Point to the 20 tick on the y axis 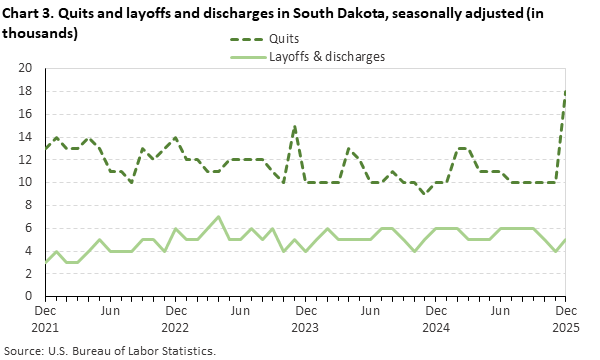coord(27,69)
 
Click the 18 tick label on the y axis coord(27,91)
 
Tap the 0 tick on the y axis coord(31,296)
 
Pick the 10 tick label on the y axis coord(27,182)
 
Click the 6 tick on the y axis coord(31,228)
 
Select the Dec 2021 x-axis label coord(45,318)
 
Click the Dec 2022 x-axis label coord(175,318)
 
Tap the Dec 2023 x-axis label coord(305,318)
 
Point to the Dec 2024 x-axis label coord(435,318)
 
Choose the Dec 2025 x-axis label coord(566,318)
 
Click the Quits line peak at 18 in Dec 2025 coord(566,92)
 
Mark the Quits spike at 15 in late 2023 coord(295,126)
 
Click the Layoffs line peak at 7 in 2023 coord(219,217)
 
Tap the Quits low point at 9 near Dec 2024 coord(425,194)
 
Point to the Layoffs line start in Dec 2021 coord(45,262)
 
